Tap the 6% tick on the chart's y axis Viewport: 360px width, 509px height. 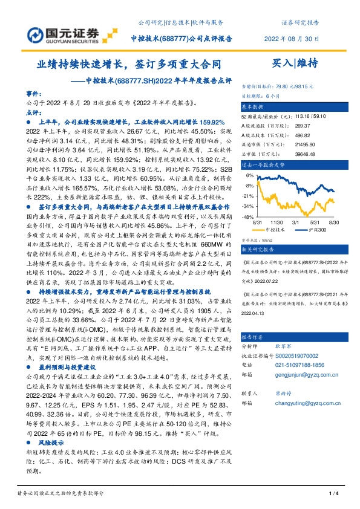(x=249, y=175)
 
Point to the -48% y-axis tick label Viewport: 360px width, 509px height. (x=248, y=216)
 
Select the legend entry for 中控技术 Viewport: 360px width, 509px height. (x=276, y=230)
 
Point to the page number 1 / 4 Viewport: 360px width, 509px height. (x=333, y=493)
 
